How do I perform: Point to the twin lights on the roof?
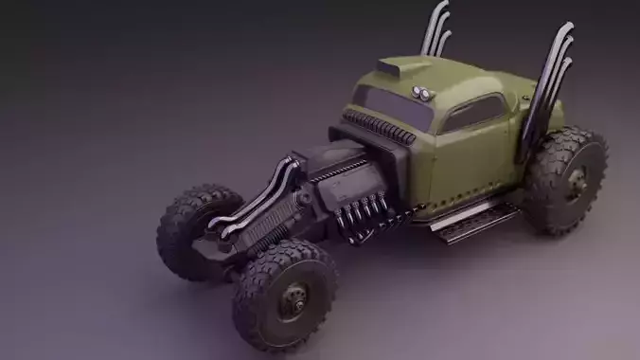click(x=421, y=92)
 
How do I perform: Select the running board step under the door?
click(x=473, y=220)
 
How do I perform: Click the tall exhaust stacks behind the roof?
click(x=436, y=28)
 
